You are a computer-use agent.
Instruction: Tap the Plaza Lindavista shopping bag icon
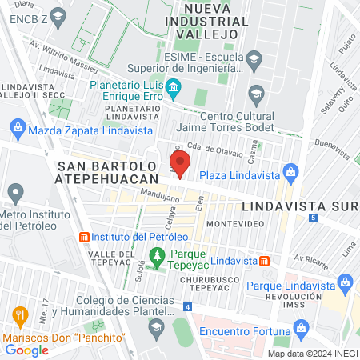[291, 172]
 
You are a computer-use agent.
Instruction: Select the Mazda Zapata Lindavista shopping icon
[18, 126]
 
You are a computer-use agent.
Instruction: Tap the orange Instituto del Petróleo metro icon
[83, 238]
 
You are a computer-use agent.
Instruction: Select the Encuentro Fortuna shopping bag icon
[302, 327]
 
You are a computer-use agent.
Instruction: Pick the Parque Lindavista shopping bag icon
[346, 282]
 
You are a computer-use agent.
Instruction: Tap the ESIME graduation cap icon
[254, 59]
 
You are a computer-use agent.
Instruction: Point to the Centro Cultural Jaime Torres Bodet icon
[256, 94]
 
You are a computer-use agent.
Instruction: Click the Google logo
[27, 350]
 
